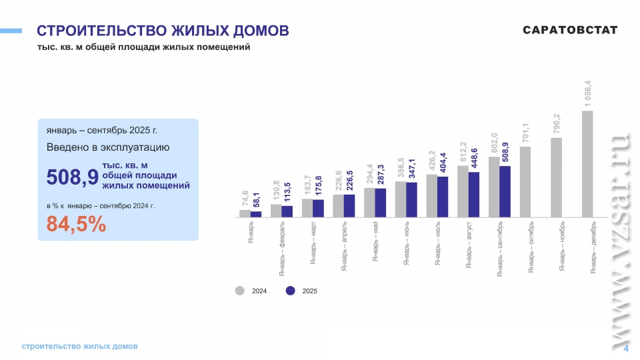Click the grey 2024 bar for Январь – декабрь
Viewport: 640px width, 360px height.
point(587,164)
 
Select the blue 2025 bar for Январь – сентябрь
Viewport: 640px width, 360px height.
point(505,191)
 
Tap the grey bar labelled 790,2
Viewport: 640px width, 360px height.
point(556,177)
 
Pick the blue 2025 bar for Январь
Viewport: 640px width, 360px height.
point(256,214)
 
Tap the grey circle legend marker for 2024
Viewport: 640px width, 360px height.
point(239,291)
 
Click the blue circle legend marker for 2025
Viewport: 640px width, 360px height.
point(290,291)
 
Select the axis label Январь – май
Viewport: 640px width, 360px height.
point(375,243)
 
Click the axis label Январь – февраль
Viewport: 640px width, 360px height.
point(282,248)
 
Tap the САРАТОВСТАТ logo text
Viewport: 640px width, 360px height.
point(570,30)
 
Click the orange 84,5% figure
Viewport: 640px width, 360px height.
point(76,225)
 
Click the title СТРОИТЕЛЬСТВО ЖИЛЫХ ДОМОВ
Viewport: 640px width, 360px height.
point(163,31)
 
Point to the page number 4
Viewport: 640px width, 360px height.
point(626,349)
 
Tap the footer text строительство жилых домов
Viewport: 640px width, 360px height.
point(79,347)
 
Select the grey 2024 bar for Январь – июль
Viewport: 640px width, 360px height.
point(431,196)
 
